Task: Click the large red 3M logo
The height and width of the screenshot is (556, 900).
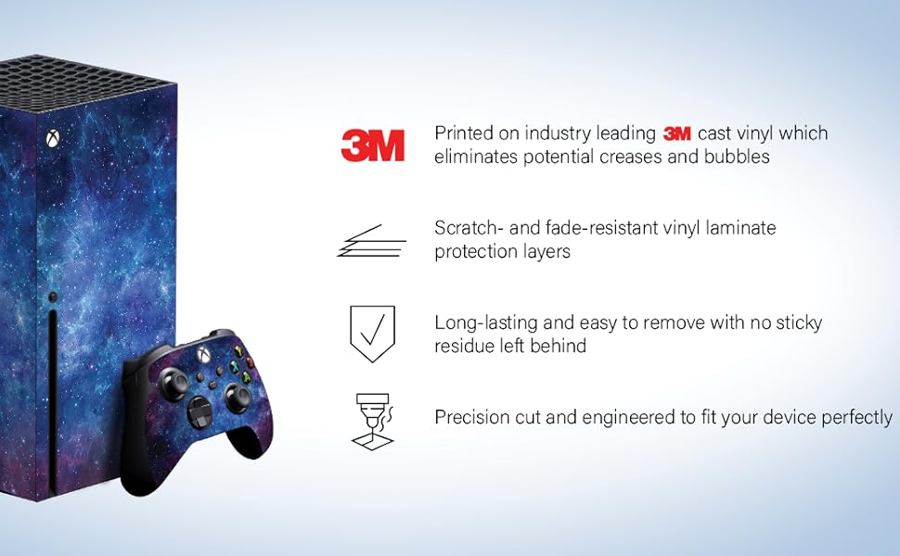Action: pyautogui.click(x=372, y=145)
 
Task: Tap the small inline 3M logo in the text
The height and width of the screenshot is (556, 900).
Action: pyautogui.click(x=676, y=133)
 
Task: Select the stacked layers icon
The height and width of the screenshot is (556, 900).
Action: pyautogui.click(x=371, y=240)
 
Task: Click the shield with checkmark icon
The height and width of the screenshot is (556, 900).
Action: pyautogui.click(x=372, y=334)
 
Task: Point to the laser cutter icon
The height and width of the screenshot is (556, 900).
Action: pyautogui.click(x=372, y=422)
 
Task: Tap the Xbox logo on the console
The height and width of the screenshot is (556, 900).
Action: pyautogui.click(x=53, y=138)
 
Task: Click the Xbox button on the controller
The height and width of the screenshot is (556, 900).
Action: pyautogui.click(x=204, y=354)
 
